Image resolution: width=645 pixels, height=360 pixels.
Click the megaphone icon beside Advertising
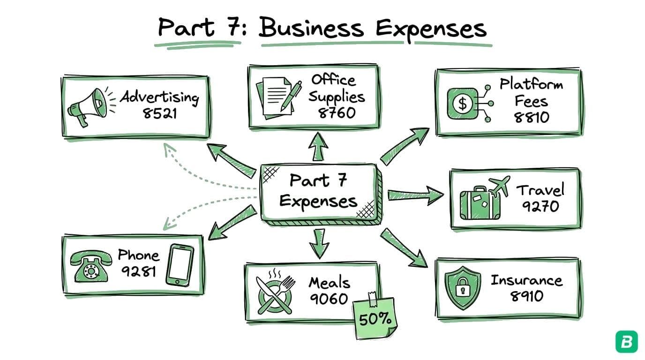point(87,107)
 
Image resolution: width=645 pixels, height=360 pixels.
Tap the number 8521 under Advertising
point(160,113)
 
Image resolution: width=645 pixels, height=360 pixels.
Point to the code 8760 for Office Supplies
point(337,113)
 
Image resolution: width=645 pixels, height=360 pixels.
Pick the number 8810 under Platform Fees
point(531,117)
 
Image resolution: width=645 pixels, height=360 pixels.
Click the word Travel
point(540,190)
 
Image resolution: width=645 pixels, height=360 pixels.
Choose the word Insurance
point(526,280)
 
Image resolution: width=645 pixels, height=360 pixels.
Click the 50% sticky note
point(375,318)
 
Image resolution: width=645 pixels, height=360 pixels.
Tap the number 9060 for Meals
point(329,299)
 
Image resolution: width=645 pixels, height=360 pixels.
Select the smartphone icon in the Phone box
point(180,265)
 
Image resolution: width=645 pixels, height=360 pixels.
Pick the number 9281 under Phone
point(138,271)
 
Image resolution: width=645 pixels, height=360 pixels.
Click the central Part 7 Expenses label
point(318,192)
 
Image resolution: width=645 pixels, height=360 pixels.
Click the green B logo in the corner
point(627,342)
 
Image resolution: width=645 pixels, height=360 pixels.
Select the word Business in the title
point(311,28)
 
